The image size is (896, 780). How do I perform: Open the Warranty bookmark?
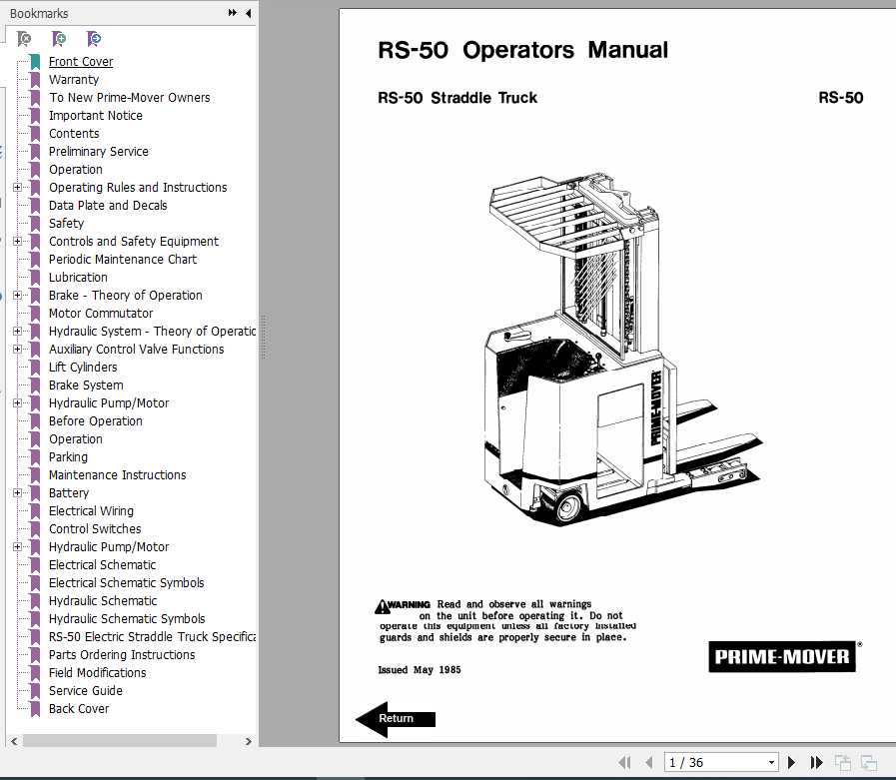(x=74, y=80)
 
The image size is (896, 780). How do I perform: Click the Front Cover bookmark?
(x=81, y=62)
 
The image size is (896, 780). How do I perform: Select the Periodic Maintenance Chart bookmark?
(x=123, y=260)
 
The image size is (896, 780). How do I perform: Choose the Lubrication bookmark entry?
(x=78, y=278)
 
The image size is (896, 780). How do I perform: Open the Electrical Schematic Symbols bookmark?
(x=126, y=583)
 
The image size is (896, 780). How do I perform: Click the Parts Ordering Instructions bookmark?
(x=122, y=655)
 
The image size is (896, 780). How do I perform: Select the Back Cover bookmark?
(x=79, y=709)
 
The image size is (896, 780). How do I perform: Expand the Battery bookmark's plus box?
(x=17, y=493)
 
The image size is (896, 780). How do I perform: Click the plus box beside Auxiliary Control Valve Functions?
(x=17, y=350)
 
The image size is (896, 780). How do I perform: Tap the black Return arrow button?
(x=396, y=718)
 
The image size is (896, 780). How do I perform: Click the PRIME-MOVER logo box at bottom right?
(x=782, y=657)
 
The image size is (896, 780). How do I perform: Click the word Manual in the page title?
(x=627, y=50)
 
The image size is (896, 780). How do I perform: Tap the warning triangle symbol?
(x=382, y=605)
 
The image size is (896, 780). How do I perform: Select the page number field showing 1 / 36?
(x=720, y=763)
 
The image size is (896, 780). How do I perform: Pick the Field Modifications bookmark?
(x=97, y=673)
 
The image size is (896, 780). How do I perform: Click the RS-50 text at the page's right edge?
(x=840, y=98)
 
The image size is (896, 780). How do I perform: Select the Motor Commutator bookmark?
(x=101, y=314)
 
